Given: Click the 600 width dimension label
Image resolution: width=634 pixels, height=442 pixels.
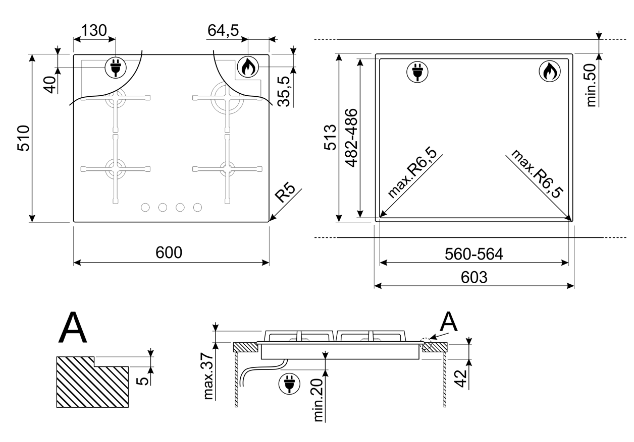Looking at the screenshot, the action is (169, 252).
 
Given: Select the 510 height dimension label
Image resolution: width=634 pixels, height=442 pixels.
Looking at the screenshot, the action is (23, 138).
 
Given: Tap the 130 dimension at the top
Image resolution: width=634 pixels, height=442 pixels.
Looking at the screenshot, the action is (94, 30).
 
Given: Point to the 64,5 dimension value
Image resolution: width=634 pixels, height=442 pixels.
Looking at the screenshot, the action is (223, 30).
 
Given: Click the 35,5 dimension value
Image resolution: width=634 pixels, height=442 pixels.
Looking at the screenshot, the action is (284, 91).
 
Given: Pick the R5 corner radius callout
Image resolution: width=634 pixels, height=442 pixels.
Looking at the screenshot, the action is (285, 193).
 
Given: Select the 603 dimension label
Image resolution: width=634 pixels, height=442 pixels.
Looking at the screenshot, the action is (474, 278).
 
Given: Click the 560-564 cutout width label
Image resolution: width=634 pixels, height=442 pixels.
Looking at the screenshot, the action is (474, 254).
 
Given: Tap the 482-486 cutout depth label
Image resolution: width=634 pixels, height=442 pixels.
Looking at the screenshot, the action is (351, 138).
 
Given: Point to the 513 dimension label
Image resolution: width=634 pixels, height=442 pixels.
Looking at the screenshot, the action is (330, 138).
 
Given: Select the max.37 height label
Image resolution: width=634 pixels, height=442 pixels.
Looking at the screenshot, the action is (208, 376).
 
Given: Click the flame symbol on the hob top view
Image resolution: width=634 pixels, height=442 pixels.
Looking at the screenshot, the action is (248, 67).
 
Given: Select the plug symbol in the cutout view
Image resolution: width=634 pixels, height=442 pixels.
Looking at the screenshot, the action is (417, 72).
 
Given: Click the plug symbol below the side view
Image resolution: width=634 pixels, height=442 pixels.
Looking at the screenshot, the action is (289, 384).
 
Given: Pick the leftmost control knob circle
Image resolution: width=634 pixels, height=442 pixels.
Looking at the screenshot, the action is (145, 208).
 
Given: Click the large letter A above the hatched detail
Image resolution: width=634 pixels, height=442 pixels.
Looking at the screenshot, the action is (73, 327).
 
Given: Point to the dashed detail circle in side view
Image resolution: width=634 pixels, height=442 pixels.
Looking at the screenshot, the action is (426, 344).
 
